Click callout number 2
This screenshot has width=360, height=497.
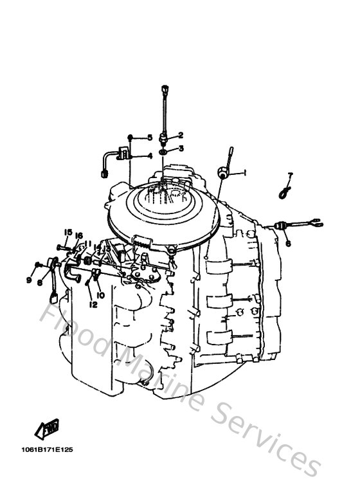tap(181, 135)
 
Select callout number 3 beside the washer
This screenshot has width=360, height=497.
tap(181, 149)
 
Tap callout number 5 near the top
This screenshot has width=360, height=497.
tap(149, 138)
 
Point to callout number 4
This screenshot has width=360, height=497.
tap(149, 156)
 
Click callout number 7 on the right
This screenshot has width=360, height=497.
tap(290, 175)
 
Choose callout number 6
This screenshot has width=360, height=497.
tap(288, 244)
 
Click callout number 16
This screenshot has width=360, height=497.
tap(78, 235)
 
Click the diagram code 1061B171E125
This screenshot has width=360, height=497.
tap(50, 450)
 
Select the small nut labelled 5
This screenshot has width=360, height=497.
tap(130, 138)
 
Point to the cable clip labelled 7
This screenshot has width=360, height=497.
tap(283, 190)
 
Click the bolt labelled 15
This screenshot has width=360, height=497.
tap(61, 247)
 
